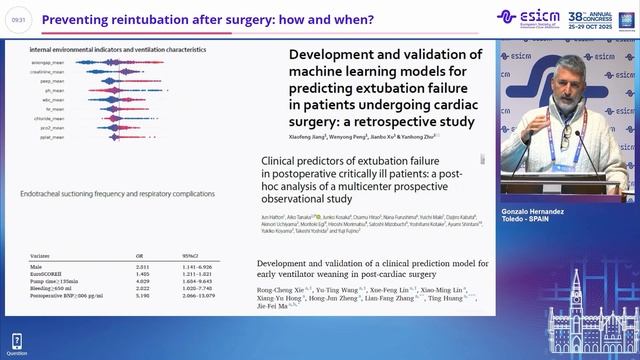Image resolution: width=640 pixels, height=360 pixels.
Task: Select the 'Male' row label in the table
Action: pos(35,267)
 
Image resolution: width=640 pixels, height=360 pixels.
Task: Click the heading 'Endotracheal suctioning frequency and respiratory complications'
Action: pos(105,193)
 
